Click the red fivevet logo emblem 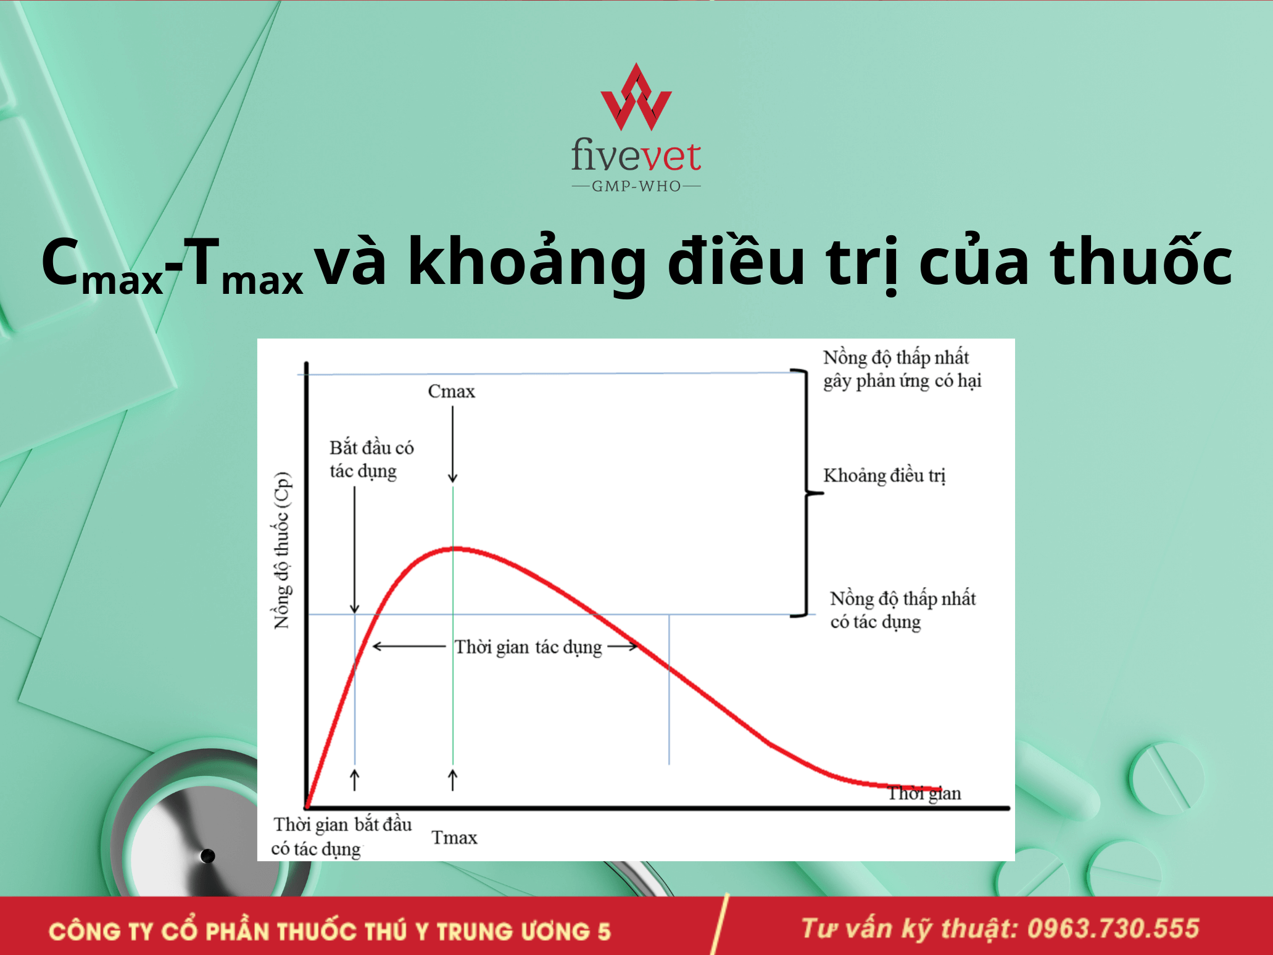click(636, 97)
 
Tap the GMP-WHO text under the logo click(636, 186)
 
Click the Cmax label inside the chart click(452, 391)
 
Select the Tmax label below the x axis click(454, 838)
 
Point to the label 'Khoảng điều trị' click(884, 475)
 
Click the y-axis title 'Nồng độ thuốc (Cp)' click(282, 551)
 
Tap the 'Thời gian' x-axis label click(924, 793)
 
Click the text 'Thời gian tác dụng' click(528, 647)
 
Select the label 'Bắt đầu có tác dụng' click(371, 459)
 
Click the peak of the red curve click(457, 548)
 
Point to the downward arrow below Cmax click(452, 444)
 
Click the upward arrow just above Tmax click(452, 780)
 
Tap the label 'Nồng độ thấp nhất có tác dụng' click(903, 610)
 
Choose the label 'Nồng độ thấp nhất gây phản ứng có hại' click(902, 369)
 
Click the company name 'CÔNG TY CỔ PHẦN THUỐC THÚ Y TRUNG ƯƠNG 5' click(330, 931)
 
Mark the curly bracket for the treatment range click(806, 493)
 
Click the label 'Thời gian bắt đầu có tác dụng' click(342, 837)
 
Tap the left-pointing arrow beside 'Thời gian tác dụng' click(409, 646)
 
